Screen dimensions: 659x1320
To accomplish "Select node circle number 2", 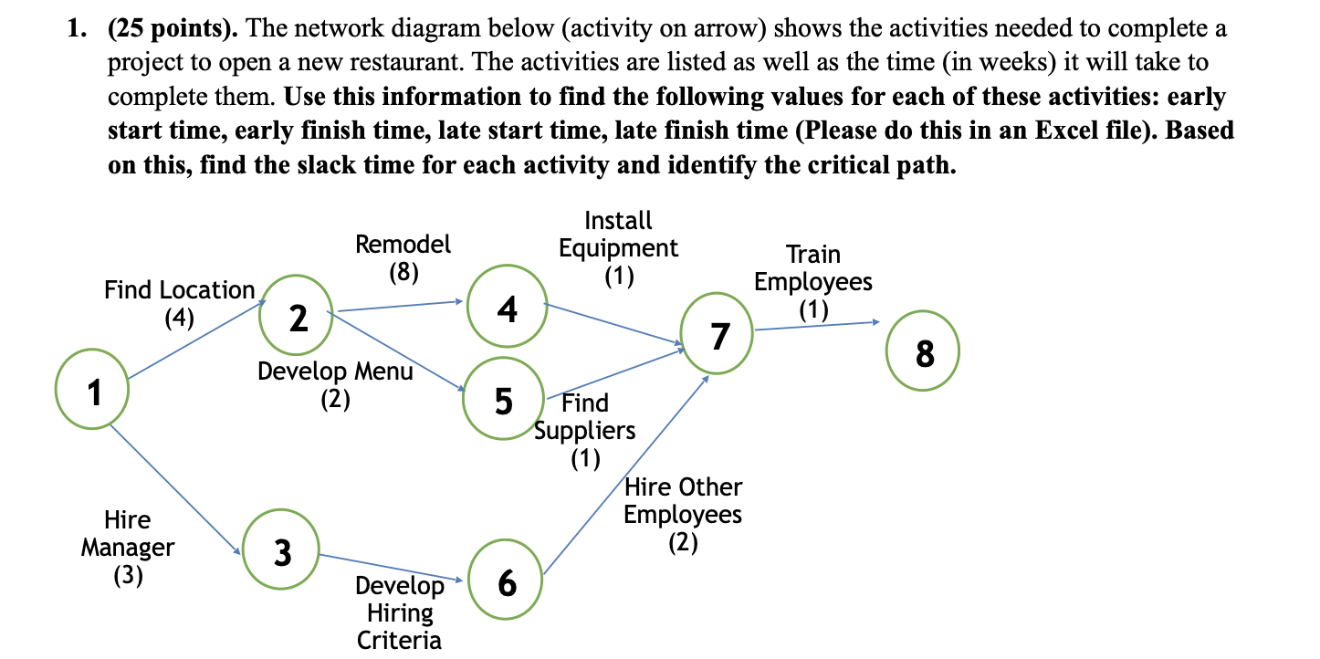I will click(x=297, y=316).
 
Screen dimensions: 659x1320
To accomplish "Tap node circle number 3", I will click(x=282, y=551).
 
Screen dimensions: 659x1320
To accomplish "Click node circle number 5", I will click(x=503, y=401).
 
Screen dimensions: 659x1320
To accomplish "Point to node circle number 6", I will click(x=507, y=582).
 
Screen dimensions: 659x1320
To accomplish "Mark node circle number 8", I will click(x=924, y=352).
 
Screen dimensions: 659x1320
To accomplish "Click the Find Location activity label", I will click(x=180, y=290).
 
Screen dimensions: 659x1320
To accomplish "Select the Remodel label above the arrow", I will click(x=403, y=245).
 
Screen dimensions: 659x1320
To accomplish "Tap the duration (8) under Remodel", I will click(x=403, y=272).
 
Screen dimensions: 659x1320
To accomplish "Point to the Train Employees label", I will click(x=812, y=268).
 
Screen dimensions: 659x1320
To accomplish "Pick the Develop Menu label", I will click(x=335, y=371).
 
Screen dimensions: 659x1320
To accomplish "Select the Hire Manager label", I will click(x=127, y=534).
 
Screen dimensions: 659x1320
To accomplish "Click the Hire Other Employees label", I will click(x=683, y=501).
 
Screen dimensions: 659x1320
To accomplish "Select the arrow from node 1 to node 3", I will click(x=173, y=487).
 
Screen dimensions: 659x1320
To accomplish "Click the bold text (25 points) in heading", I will click(x=173, y=29).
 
